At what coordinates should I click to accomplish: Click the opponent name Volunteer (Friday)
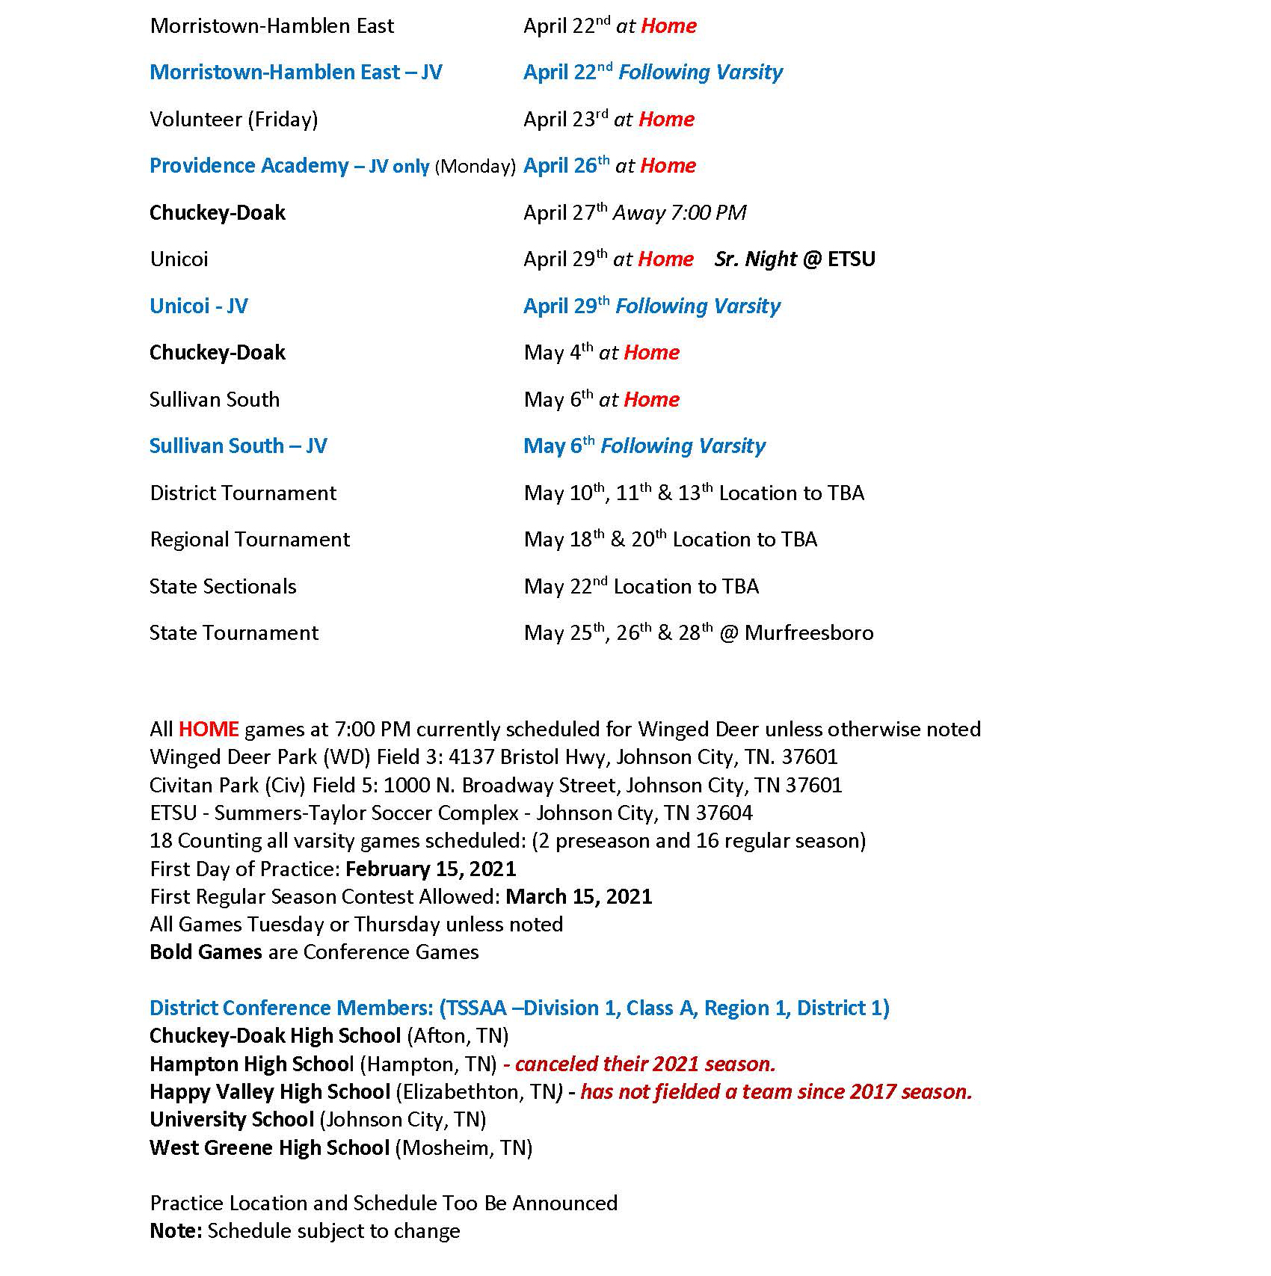click(x=233, y=120)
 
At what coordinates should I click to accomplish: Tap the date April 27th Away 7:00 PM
click(x=635, y=213)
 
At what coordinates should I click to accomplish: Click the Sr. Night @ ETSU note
click(x=794, y=259)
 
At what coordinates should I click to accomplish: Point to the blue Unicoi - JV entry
click(x=199, y=306)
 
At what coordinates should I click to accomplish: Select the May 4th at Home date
click(x=601, y=353)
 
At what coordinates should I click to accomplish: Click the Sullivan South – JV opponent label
click(x=238, y=446)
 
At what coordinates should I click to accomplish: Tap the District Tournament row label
click(x=243, y=493)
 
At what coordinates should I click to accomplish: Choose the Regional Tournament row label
click(x=250, y=540)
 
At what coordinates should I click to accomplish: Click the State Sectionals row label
click(x=223, y=587)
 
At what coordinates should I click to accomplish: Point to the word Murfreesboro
click(x=809, y=633)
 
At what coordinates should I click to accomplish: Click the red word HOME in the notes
click(x=209, y=730)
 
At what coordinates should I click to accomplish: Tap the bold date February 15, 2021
click(x=431, y=869)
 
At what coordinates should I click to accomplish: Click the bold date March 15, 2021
click(x=579, y=897)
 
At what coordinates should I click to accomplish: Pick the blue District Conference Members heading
click(x=519, y=1008)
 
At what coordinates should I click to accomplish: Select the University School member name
click(x=232, y=1120)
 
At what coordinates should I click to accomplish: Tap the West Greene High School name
click(x=269, y=1148)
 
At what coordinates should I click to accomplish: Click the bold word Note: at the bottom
click(x=176, y=1231)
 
